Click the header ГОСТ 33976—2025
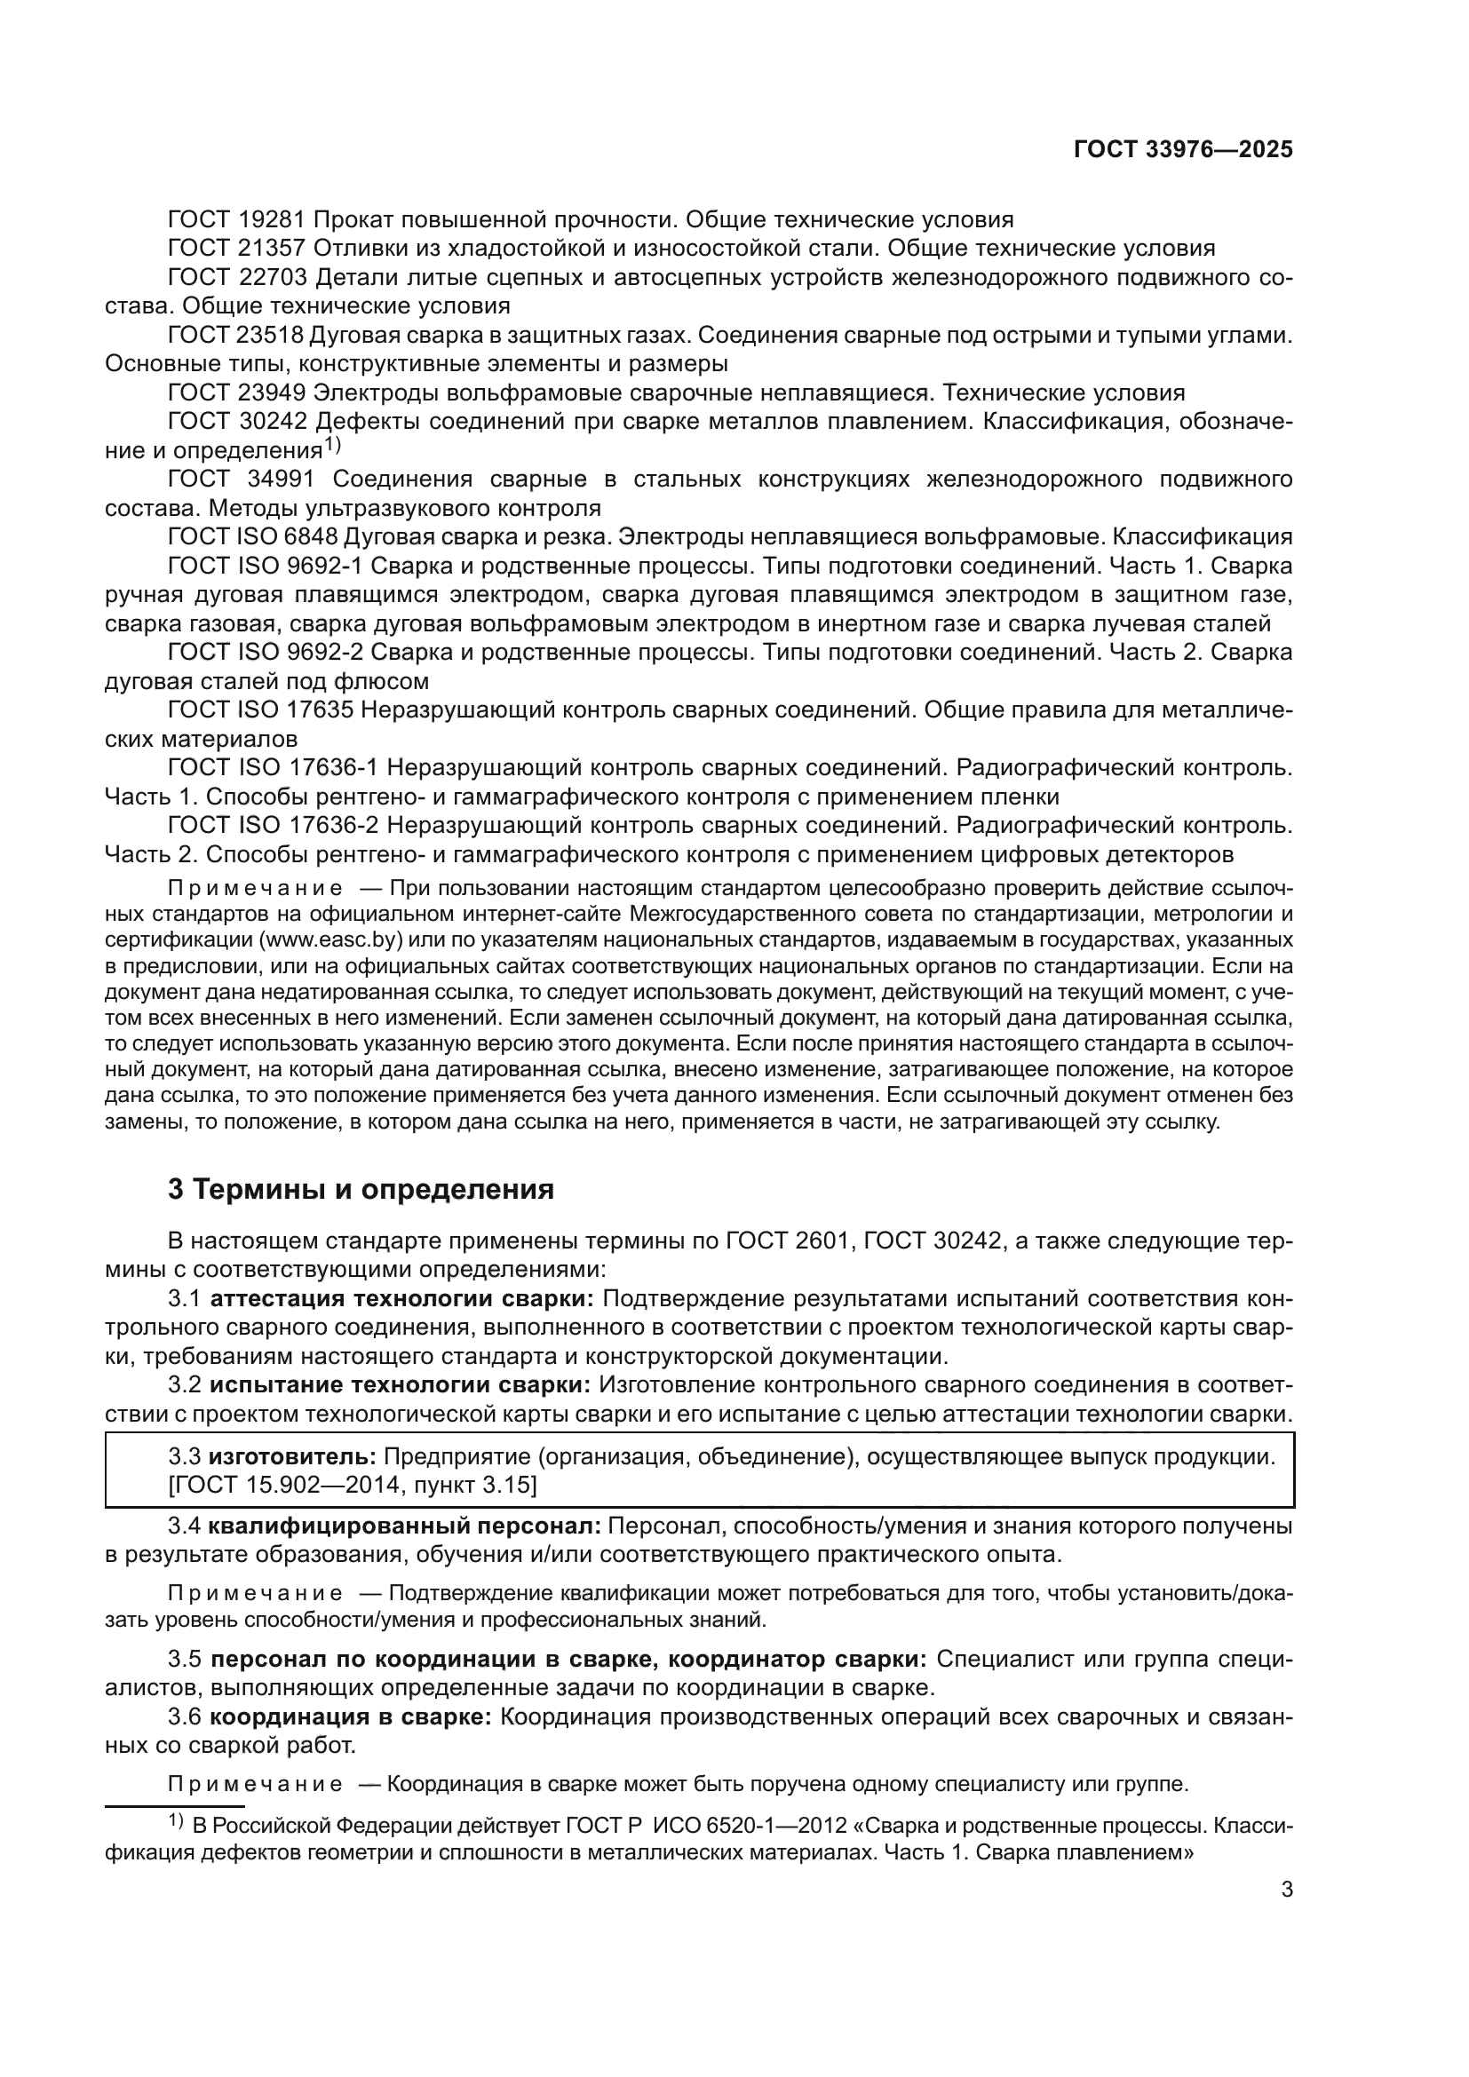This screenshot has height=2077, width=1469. point(1182,150)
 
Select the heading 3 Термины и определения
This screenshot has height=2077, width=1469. point(361,1189)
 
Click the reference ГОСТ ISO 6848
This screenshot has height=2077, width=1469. point(252,536)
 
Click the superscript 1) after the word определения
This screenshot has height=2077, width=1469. point(333,445)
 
